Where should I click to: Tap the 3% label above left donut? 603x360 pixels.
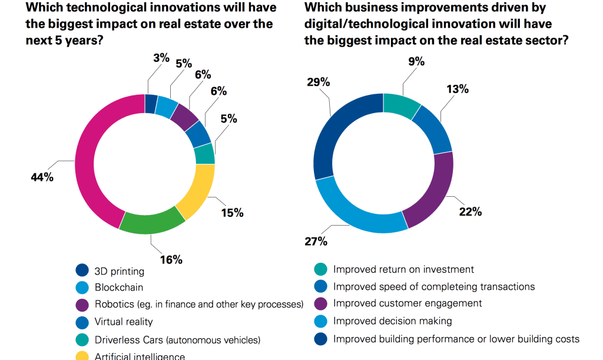tap(161, 58)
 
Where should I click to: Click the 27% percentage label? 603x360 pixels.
tap(316, 241)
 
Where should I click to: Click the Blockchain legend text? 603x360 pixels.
tap(119, 288)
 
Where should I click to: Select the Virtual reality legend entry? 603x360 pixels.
tap(124, 322)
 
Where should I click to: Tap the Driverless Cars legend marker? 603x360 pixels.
tap(82, 339)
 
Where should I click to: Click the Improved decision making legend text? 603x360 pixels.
tap(392, 321)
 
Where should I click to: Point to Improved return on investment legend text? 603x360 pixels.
tap(403, 269)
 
